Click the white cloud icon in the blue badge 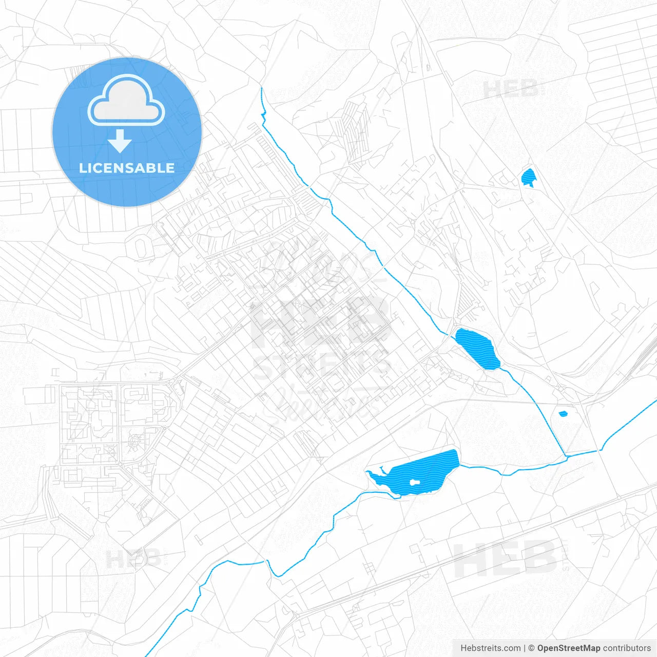pos(126,101)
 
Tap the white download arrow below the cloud pos(120,141)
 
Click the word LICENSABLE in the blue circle pos(127,168)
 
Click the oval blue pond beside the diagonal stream pos(478,349)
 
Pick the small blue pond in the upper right pos(528,178)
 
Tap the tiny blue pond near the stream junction pos(563,413)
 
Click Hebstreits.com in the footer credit pos(490,648)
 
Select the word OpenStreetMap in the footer pos(568,648)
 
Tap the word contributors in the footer pos(626,648)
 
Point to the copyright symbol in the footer pos(531,648)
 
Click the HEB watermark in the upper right pos(511,89)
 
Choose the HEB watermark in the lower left pos(133,558)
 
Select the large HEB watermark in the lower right pos(506,558)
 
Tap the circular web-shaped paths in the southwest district pos(135,440)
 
